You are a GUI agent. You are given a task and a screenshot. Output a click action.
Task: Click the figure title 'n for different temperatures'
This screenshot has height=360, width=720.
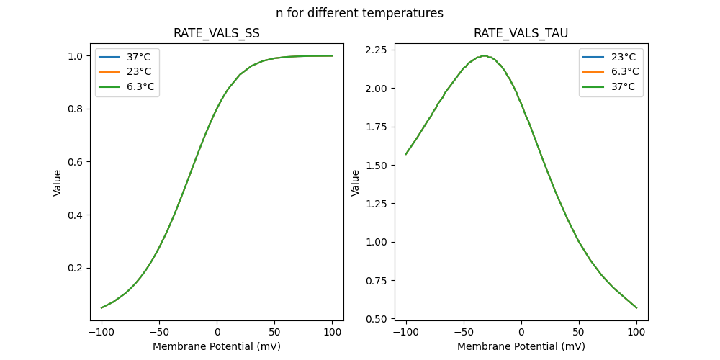click(359, 13)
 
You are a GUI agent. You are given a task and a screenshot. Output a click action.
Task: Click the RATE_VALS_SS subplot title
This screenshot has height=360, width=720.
click(217, 34)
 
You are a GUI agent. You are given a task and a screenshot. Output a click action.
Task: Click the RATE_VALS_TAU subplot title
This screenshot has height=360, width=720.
click(521, 34)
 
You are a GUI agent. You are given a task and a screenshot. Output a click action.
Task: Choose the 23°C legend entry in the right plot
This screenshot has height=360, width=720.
click(624, 56)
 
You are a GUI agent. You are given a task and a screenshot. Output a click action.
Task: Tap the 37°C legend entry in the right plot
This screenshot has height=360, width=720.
click(624, 87)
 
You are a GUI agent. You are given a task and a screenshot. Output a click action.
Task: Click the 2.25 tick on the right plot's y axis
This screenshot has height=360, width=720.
click(377, 50)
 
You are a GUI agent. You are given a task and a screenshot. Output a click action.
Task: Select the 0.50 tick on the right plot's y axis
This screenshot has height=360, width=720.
click(377, 318)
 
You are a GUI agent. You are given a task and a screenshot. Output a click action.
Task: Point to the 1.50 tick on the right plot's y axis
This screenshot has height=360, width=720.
click(377, 165)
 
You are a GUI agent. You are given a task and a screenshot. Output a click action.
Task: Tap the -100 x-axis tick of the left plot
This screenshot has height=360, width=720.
click(102, 332)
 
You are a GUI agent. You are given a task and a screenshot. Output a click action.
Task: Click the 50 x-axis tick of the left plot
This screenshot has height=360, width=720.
click(275, 332)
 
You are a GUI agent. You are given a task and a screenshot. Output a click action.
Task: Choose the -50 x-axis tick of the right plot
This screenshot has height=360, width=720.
click(464, 332)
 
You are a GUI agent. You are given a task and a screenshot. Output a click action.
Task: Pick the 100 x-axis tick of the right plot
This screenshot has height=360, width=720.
click(636, 332)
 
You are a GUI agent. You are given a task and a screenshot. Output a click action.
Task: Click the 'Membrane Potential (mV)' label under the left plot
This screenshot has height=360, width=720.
click(217, 346)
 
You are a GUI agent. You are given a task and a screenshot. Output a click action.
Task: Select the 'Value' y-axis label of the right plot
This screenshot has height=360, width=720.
click(356, 183)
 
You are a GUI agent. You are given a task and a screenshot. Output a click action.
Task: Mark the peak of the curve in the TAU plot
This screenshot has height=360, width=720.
click(484, 55)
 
